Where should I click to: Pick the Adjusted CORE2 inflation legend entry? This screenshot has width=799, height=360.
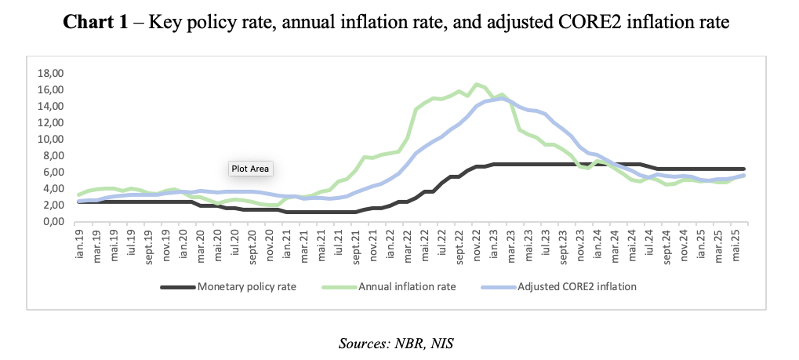(577, 287)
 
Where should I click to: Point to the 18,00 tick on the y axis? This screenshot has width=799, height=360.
(49, 73)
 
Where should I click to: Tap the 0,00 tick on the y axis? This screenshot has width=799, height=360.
(52, 222)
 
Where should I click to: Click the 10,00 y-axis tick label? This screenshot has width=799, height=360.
(49, 140)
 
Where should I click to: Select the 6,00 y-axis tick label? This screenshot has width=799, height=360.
(52, 173)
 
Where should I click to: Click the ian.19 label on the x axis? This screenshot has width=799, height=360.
(79, 244)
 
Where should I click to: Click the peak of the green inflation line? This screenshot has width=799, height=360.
(476, 84)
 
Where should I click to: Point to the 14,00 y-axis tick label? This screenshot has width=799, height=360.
(49, 106)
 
